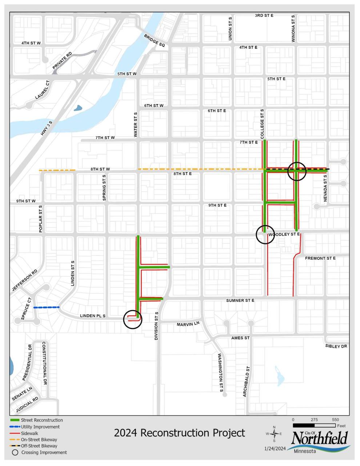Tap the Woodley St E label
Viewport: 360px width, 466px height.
click(284, 235)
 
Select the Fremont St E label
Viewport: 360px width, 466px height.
click(320, 258)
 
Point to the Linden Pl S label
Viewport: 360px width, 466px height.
click(92, 316)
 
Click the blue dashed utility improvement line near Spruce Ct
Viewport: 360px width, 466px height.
click(46, 307)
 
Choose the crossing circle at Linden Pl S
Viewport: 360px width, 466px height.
click(133, 319)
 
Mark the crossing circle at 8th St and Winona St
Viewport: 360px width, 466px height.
click(297, 171)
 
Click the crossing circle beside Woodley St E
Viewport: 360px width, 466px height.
click(265, 235)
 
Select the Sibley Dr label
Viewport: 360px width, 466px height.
click(336, 346)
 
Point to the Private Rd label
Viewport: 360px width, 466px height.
click(62, 61)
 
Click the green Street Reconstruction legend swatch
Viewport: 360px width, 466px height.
click(15, 420)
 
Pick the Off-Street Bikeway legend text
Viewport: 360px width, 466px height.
click(39, 446)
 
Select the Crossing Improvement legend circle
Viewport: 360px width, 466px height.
click(15, 453)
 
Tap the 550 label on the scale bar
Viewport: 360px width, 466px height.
click(335, 420)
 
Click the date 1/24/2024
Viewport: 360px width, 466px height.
click(275, 448)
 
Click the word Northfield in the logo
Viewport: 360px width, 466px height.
click(320, 438)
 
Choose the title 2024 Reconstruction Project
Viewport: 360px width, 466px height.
click(179, 433)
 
